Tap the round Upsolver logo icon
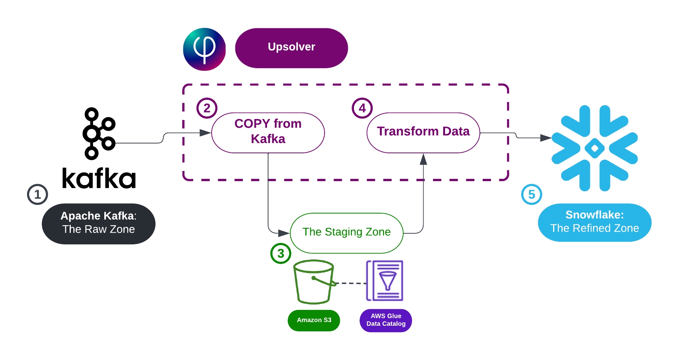(204, 49)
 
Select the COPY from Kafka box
(268, 133)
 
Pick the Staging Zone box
(346, 233)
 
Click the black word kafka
(99, 178)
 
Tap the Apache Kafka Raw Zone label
(99, 224)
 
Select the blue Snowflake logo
(595, 148)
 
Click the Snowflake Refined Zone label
(595, 222)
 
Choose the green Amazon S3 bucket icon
(314, 282)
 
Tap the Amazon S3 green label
(314, 320)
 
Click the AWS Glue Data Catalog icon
(385, 281)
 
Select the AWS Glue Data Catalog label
(386, 320)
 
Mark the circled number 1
(37, 194)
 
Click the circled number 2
(207, 108)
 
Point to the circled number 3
(281, 253)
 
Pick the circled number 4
(362, 108)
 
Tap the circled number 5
(531, 194)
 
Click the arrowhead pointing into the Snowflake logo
(546, 138)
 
